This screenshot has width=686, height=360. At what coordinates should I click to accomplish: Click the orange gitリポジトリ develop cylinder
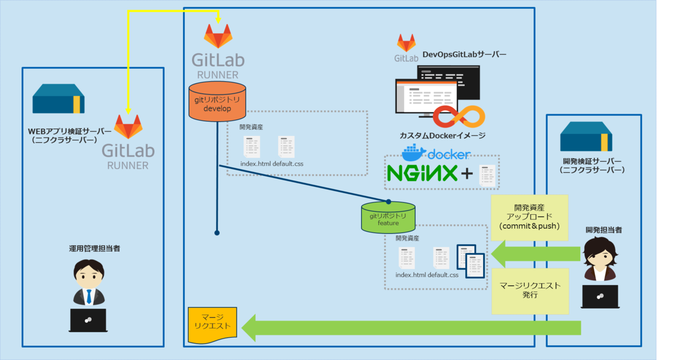[x=217, y=102]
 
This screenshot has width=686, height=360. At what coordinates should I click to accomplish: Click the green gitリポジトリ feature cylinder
[x=388, y=218]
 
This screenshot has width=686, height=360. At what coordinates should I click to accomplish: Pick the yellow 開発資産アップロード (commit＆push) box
[x=529, y=217]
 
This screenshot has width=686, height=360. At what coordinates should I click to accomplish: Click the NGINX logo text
[x=422, y=173]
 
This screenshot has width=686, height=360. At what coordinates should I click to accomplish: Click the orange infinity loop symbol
[x=458, y=117]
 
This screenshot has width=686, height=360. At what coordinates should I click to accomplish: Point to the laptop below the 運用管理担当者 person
[x=88, y=320]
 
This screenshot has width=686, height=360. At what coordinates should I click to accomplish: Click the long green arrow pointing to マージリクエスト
[x=412, y=328]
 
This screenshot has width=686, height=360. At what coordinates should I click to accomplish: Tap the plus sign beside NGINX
[x=467, y=174]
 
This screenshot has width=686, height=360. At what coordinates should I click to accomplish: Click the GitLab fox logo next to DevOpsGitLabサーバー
[x=406, y=43]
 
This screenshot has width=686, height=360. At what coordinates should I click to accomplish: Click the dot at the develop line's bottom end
[x=217, y=233]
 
